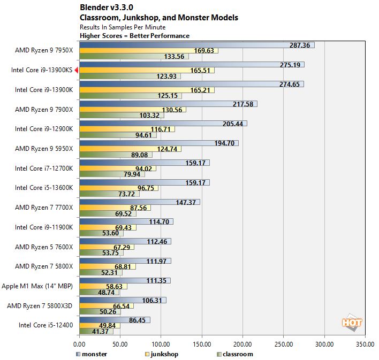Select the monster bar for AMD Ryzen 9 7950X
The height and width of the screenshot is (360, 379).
pyautogui.click(x=196, y=45)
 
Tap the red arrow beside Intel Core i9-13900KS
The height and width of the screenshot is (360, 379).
pyautogui.click(x=77, y=70)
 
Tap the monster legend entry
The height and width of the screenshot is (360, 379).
pyautogui.click(x=92, y=354)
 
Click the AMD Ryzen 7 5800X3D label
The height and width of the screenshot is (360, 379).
pyautogui.click(x=44, y=305)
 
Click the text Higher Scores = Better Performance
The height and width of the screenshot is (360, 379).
pyautogui.click(x=134, y=36)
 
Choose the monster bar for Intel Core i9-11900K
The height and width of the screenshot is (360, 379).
pyautogui.click(x=126, y=221)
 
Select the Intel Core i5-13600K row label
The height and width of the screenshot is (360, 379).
pyautogui.click(x=43, y=188)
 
